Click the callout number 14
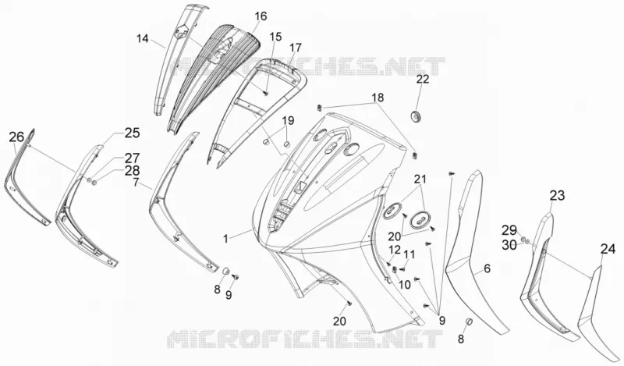(x=143, y=39)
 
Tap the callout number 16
(x=261, y=16)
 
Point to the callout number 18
(x=378, y=98)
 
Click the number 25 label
(x=132, y=133)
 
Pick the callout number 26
(x=16, y=137)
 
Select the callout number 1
(x=225, y=239)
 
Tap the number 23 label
(x=557, y=196)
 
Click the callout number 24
(x=608, y=249)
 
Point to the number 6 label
(x=487, y=268)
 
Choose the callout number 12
(x=395, y=250)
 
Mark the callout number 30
(x=509, y=245)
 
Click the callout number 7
(x=136, y=183)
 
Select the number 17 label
(x=296, y=48)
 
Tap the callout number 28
(x=132, y=171)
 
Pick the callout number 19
(x=288, y=120)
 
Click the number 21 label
(x=420, y=179)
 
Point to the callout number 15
(x=275, y=37)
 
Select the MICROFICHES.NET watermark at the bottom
(x=304, y=340)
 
